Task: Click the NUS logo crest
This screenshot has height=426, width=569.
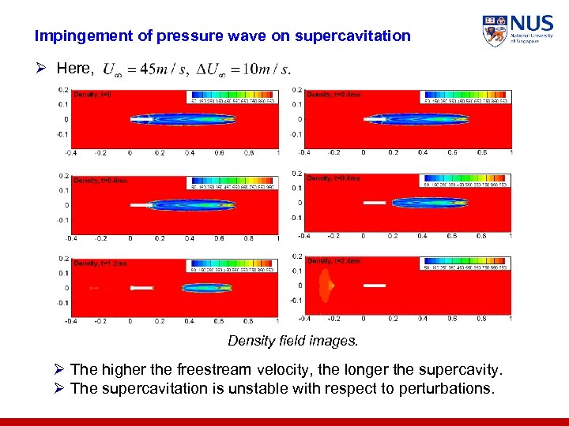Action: pyautogui.click(x=495, y=31)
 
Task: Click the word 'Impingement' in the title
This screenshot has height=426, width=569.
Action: pyautogui.click(x=73, y=35)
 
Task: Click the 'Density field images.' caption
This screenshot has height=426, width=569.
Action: pyautogui.click(x=292, y=341)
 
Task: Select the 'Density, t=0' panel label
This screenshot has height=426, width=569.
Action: pyautogui.click(x=92, y=95)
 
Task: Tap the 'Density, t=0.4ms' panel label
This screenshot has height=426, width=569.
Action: pyautogui.click(x=333, y=95)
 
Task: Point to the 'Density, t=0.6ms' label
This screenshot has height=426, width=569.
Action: pyautogui.click(x=100, y=181)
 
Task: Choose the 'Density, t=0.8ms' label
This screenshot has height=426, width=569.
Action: pyautogui.click(x=333, y=178)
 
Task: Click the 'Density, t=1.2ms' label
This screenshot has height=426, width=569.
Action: pyautogui.click(x=100, y=263)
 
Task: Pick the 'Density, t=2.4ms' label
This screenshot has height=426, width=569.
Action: pyautogui.click(x=333, y=261)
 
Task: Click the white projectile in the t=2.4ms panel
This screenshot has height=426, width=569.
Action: pyautogui.click(x=374, y=285)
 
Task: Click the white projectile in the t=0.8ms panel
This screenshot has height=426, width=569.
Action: pyautogui.click(x=375, y=203)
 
